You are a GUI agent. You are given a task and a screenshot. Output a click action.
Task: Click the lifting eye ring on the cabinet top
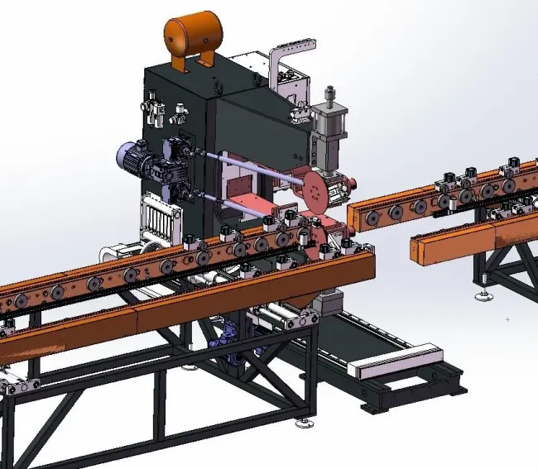pyautogui.click(x=217, y=84)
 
